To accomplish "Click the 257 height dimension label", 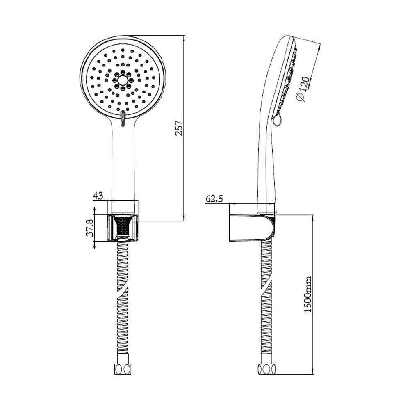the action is point(179,128).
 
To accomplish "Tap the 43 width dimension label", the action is point(98,195).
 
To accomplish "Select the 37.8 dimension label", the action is point(90,228).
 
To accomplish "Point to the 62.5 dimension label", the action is point(214,199).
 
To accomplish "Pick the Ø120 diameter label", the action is point(303,89).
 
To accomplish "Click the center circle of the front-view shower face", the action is point(122,80).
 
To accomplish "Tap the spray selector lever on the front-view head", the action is point(122,118).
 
